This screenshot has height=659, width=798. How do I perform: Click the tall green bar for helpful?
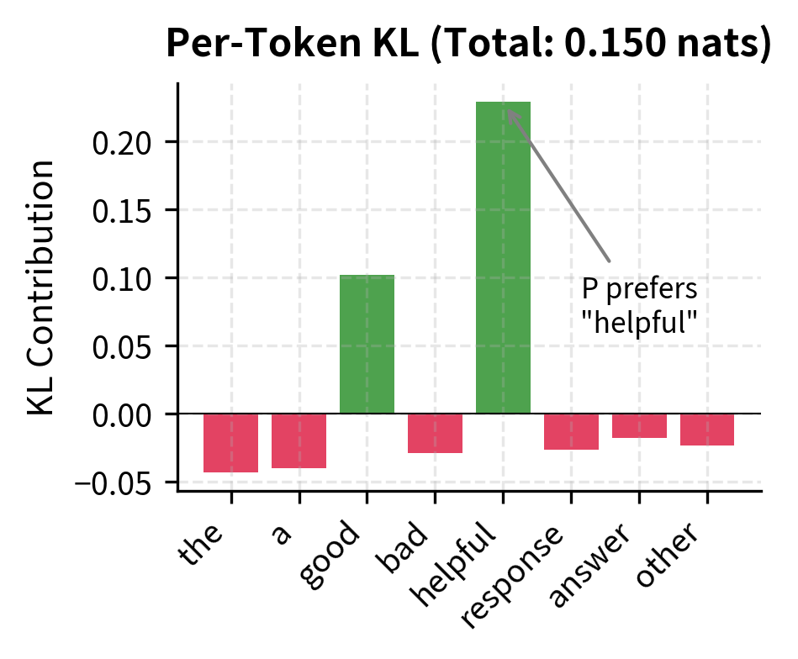(503, 257)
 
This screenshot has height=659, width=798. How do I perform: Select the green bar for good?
(367, 344)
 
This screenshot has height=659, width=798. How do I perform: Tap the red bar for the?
(231, 443)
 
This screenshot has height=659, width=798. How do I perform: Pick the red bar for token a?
(299, 440)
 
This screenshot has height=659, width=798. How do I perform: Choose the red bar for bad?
(435, 433)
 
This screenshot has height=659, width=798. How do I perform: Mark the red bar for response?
(571, 431)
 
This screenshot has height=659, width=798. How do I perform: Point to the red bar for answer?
(639, 425)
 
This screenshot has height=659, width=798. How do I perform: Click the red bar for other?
(707, 430)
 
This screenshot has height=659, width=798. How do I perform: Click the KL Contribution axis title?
(42, 286)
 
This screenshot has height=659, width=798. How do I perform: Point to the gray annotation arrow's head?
(510, 110)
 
